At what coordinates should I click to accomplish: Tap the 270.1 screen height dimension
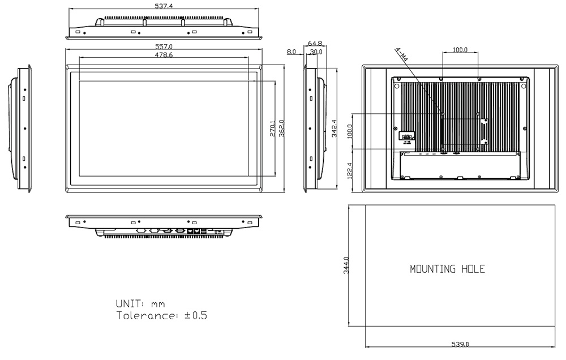(x=273, y=128)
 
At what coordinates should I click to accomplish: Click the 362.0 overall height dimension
(x=281, y=128)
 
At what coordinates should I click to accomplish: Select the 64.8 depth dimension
(x=315, y=43)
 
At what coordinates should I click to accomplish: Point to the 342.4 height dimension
(x=334, y=128)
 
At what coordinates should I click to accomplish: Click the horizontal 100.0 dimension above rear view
(x=460, y=50)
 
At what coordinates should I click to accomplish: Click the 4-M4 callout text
(x=402, y=55)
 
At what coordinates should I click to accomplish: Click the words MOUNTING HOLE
(x=447, y=269)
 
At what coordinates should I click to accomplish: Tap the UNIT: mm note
(x=140, y=304)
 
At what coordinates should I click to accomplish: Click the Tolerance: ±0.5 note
(x=161, y=315)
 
